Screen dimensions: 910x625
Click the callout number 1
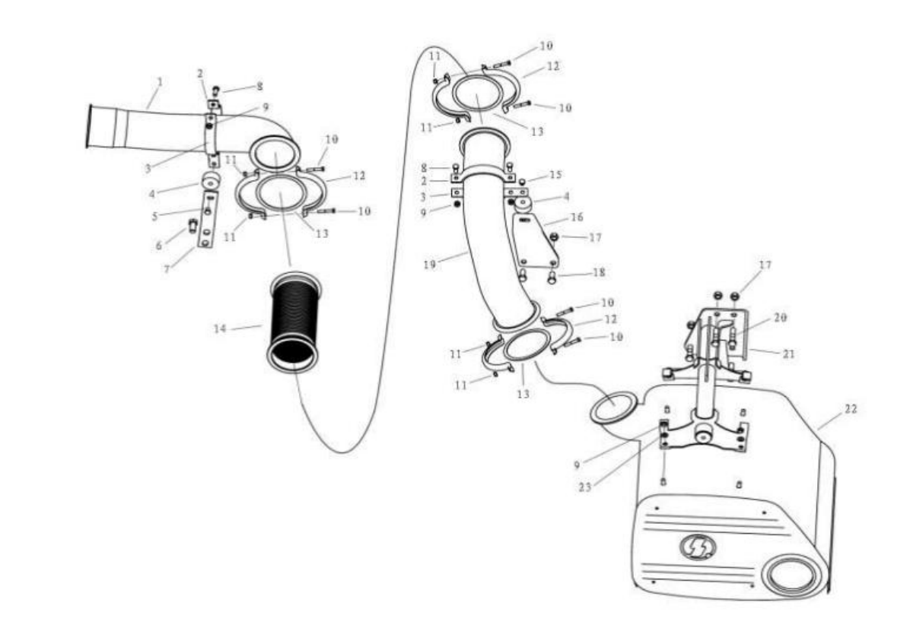click(161, 82)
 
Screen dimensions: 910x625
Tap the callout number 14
click(219, 328)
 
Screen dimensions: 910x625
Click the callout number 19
click(429, 265)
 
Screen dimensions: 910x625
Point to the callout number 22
click(850, 409)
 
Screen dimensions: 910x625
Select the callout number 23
click(584, 487)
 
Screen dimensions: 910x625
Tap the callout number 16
click(576, 217)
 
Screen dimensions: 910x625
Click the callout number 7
click(167, 269)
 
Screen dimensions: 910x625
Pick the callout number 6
click(158, 246)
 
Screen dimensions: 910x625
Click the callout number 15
click(555, 175)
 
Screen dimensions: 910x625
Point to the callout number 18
click(598, 272)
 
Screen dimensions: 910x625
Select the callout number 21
click(788, 354)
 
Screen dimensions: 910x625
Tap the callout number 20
click(780, 318)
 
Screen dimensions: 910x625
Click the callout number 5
click(154, 217)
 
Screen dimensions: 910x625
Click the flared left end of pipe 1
click(89, 125)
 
